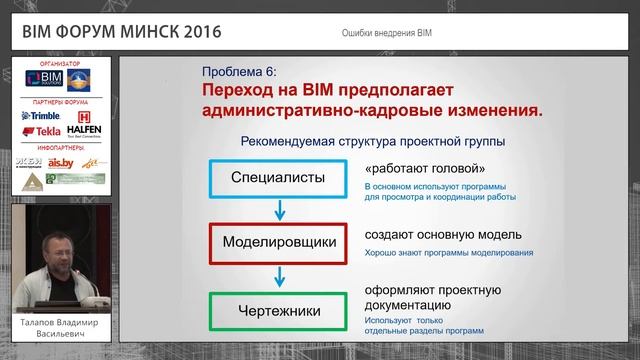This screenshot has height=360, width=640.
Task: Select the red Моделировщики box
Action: pyautogui.click(x=279, y=243)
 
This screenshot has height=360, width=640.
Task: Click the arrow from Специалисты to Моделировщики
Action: pyautogui.click(x=279, y=211)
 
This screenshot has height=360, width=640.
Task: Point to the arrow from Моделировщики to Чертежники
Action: pyautogui.click(x=279, y=275)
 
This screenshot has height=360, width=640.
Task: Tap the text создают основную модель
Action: pyautogui.click(x=442, y=234)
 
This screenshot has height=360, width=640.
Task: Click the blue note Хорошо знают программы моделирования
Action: pyautogui.click(x=448, y=253)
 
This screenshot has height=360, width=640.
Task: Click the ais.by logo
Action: pyautogui.click(x=61, y=162)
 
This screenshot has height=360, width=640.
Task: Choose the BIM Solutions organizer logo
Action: pyautogui.click(x=49, y=79)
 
